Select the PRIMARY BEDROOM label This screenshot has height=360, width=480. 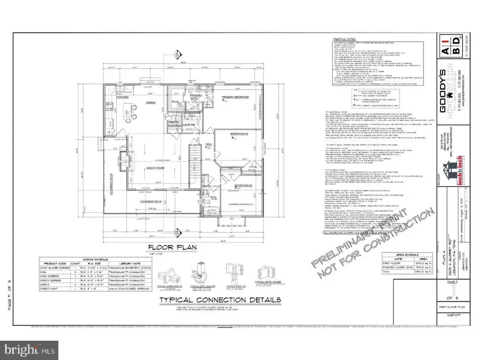[x=236, y=97]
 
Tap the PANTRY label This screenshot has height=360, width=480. [x=173, y=122]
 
